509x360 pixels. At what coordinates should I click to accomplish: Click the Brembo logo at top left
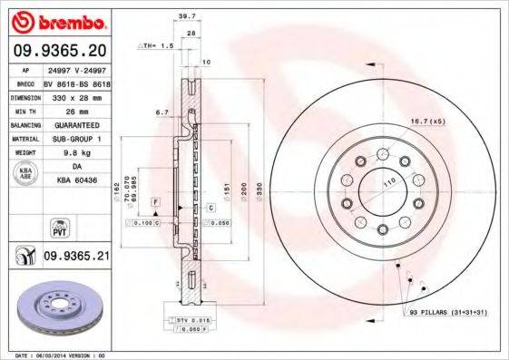point(57,20)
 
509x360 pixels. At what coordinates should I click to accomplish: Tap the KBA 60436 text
point(75,180)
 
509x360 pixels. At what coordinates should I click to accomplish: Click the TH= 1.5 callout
point(159,44)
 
